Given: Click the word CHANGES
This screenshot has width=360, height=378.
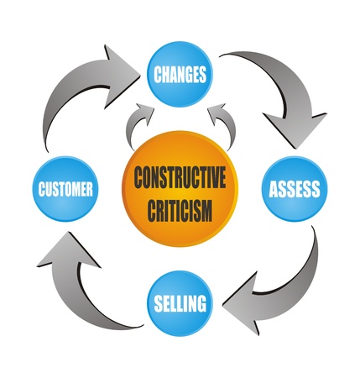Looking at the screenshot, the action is [x=180, y=75].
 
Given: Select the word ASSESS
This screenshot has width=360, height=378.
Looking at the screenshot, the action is [x=295, y=189].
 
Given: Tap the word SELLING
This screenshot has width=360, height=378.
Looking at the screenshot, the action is [x=180, y=303].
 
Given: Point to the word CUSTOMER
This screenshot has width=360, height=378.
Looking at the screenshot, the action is [x=65, y=189].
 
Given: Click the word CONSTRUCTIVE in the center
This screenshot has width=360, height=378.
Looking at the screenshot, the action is [x=180, y=177].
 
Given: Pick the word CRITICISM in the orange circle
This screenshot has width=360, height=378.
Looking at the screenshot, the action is [x=180, y=210].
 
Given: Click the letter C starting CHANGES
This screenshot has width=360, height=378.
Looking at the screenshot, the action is [x=158, y=75].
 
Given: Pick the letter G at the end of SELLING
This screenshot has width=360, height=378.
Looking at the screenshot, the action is [x=201, y=303].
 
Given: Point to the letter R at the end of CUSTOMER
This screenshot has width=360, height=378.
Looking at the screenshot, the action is [x=89, y=189].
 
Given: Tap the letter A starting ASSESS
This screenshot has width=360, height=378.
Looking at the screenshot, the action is [x=274, y=189].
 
